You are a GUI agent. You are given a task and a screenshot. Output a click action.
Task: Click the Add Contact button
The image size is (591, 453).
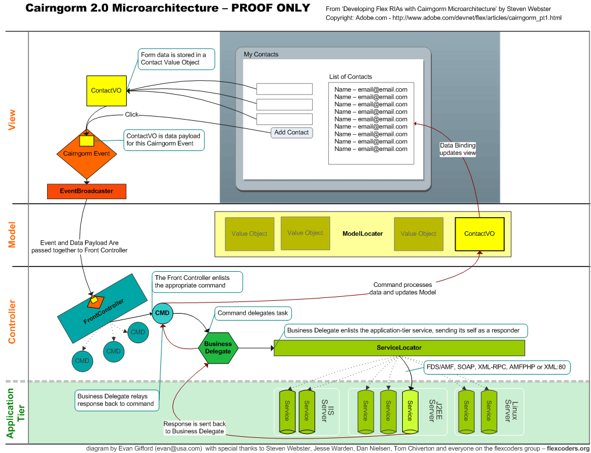292,132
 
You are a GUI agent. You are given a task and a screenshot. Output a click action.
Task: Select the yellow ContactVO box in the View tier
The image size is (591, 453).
106,91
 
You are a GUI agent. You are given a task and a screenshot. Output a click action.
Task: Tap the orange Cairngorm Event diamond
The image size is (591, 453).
86,154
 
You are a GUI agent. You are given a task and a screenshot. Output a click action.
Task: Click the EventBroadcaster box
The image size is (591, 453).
87,190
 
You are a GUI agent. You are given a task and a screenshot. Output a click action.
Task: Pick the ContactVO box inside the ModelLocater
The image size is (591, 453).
479,233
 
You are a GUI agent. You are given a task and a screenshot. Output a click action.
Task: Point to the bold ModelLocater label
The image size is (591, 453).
363,233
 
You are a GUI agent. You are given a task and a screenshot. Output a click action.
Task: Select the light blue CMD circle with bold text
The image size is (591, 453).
162,313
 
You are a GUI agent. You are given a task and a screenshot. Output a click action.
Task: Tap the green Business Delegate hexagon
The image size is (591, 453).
218,347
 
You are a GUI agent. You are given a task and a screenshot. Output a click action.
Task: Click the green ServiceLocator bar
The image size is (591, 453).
399,348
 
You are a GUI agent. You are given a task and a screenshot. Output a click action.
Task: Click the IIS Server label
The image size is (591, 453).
327,410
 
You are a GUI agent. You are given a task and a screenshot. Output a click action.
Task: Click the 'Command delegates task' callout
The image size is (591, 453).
253,313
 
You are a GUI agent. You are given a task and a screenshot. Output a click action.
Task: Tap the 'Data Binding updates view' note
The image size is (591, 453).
457,149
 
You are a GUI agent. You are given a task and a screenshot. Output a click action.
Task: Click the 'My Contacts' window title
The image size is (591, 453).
261,55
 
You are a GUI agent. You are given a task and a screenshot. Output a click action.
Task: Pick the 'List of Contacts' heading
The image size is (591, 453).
350,77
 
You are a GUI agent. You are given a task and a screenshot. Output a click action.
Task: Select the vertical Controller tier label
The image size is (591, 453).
12,321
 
